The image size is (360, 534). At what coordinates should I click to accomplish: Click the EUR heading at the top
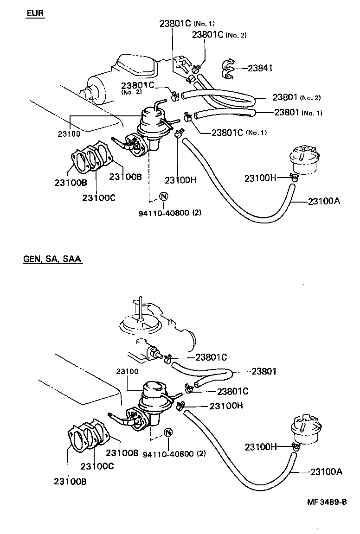(x=35, y=13)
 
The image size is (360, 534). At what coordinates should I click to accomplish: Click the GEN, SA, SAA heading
(x=52, y=259)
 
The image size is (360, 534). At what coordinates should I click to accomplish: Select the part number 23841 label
(x=260, y=68)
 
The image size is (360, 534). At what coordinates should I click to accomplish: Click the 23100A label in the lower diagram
(x=326, y=472)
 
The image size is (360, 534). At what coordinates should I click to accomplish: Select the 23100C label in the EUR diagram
(x=99, y=198)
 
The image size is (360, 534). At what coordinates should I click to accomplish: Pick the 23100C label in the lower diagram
(x=97, y=466)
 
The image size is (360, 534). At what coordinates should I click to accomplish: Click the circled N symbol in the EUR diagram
(x=163, y=196)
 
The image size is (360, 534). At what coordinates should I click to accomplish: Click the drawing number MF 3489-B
(x=327, y=502)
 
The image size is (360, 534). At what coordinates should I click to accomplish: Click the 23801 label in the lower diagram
(x=264, y=371)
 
